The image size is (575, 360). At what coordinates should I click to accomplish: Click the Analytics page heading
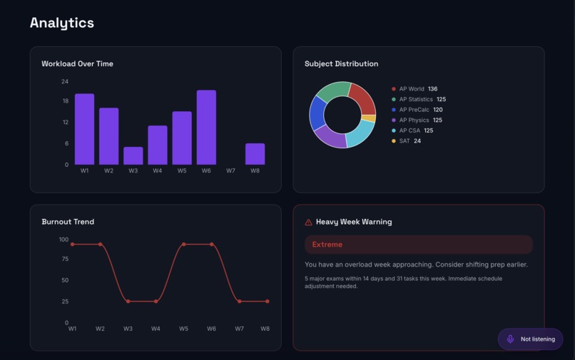pos(62,23)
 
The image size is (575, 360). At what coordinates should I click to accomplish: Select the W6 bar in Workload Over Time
pos(206,128)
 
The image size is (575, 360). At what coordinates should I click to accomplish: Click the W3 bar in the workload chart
pos(133,156)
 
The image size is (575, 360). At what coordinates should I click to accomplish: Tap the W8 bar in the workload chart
pos(255,154)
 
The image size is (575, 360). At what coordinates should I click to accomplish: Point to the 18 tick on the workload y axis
pos(65,101)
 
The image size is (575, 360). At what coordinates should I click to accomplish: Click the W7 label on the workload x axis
pos(230,171)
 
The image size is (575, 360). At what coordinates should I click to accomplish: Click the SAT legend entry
pos(406,141)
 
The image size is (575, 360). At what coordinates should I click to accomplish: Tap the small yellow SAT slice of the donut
pos(369,118)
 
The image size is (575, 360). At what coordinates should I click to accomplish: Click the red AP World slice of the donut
pos(362,99)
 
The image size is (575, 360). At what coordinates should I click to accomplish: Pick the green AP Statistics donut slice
pos(332,91)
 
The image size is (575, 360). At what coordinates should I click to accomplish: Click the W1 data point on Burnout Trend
pos(72,245)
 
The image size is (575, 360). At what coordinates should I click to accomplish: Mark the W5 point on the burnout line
pos(184,245)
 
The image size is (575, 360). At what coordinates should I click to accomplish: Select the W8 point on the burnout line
pos(267,302)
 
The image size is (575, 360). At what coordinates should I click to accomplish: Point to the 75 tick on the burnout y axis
pos(64,259)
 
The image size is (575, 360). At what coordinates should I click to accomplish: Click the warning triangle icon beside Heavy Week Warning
pos(308,222)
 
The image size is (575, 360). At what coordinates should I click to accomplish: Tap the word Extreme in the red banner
pos(327,245)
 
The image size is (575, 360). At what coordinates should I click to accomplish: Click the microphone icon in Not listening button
pos(510,339)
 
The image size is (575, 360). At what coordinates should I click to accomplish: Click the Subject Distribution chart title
pos(341,64)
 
